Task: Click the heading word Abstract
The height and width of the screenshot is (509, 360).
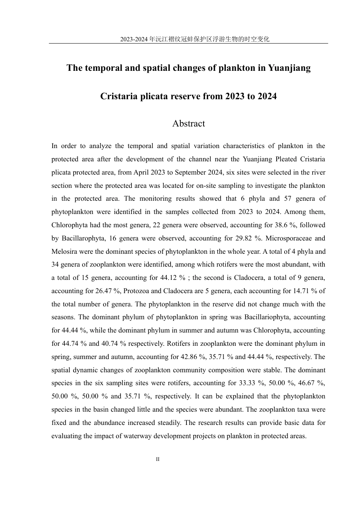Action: [188, 123]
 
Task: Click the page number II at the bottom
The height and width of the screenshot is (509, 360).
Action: [158, 459]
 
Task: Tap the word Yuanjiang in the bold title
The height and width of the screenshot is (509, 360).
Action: [289, 68]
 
